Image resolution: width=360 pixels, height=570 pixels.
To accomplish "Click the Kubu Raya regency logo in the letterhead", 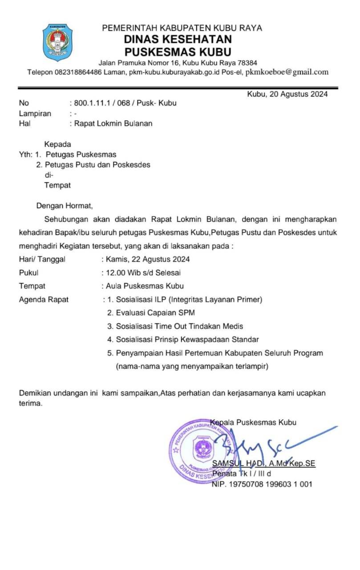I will coord(57,43).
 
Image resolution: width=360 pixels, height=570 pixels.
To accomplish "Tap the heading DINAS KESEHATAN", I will coord(178,40).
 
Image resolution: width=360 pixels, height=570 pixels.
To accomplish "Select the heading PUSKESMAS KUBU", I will coord(178,52).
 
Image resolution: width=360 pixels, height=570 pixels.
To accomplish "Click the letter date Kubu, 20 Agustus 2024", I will coord(287,94).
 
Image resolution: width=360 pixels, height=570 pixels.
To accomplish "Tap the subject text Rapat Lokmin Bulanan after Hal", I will coord(113,124).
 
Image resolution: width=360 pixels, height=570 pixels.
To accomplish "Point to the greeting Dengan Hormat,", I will coord(65,206).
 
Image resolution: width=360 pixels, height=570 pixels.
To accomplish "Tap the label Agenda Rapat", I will coord(44,300).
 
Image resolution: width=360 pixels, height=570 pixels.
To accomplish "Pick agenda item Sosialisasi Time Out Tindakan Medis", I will coord(175,326).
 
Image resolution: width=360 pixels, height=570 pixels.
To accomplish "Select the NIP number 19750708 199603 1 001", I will coord(262,484).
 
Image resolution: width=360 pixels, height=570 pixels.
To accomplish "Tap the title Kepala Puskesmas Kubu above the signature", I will coord(253,423).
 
